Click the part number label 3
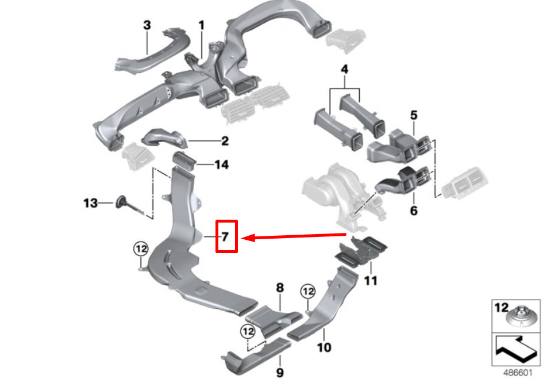[147, 25]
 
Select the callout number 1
[201, 25]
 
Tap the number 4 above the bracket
[344, 70]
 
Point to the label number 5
[414, 115]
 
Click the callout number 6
[414, 210]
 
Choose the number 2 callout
[225, 141]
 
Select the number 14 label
[222, 164]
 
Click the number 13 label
[91, 203]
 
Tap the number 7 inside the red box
[225, 236]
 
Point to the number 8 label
[280, 288]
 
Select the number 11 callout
[371, 280]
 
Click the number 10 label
[324, 347]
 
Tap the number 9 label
[280, 373]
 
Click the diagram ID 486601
[517, 373]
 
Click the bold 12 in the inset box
[502, 308]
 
